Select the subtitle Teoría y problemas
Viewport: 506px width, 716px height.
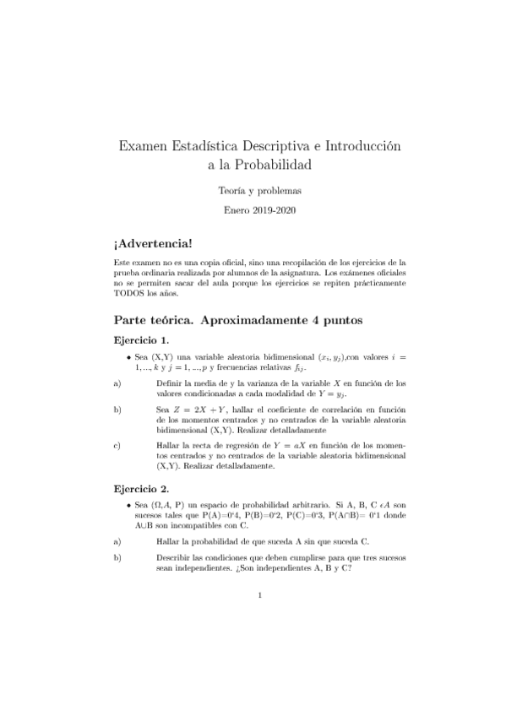[x=253, y=191]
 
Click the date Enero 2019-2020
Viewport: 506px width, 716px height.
[x=253, y=209]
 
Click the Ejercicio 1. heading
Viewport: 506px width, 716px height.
[x=142, y=340]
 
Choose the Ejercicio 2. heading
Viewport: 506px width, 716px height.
[x=142, y=488]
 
